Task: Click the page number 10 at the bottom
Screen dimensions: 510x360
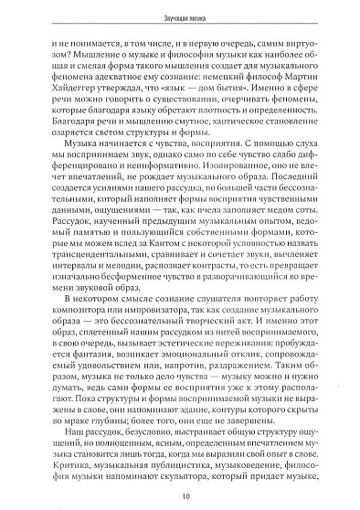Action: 186,495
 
